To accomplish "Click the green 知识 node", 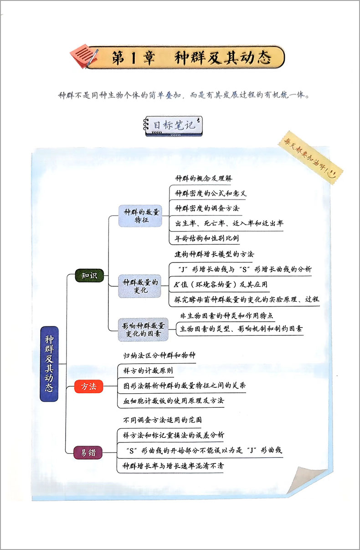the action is pos(89,276).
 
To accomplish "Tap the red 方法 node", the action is pos(89,386).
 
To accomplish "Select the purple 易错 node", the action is pos(88,452).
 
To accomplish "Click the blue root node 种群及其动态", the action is pos(49,364).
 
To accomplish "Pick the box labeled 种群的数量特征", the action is pos(140,216).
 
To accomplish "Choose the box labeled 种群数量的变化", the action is pos(140,286).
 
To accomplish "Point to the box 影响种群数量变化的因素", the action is pos(143,329).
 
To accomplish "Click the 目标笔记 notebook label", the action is pos(173,126).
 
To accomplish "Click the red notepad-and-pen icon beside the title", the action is pos(84,56).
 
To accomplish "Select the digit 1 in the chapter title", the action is pos(133,58).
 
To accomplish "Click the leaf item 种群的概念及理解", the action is pos(204,178).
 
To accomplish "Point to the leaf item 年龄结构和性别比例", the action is pos(206,238).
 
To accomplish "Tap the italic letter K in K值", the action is pos(176,285).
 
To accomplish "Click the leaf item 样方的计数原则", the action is pos(148,370).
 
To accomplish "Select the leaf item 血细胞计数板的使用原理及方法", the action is pos(174,401).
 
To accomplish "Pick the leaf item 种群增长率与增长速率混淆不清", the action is pos(173,466).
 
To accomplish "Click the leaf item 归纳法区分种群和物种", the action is pos(159,355).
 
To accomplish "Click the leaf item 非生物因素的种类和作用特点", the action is pos(226,315).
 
